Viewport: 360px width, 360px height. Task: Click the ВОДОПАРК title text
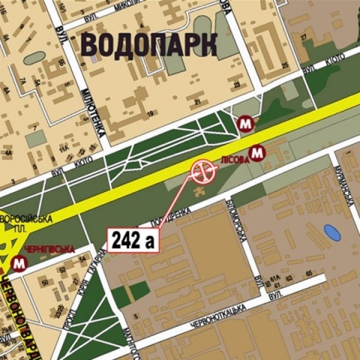(x=149, y=45)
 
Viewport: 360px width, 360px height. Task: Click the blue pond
(x=332, y=231)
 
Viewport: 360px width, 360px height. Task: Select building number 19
(x=150, y=114)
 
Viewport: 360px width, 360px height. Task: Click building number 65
(x=309, y=273)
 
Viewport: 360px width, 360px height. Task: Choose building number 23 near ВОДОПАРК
(x=238, y=84)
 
